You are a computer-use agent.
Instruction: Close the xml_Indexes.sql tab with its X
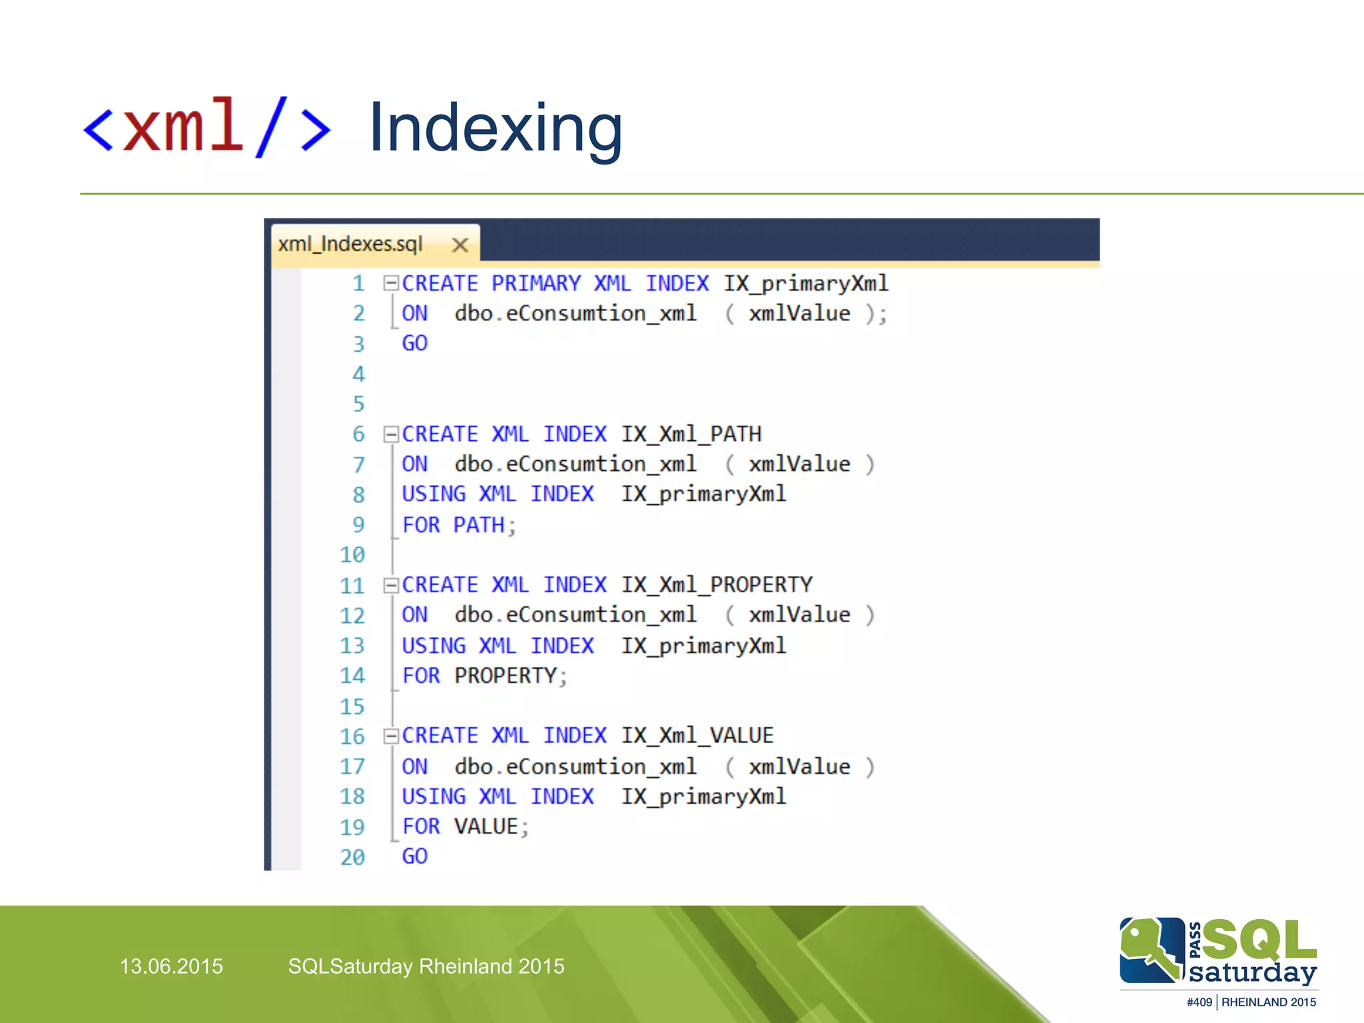pyautogui.click(x=460, y=245)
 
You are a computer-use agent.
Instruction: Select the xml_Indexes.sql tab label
pyautogui.click(x=350, y=244)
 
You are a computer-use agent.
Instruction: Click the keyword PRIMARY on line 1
pyautogui.click(x=535, y=284)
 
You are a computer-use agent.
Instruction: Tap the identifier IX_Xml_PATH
pyautogui.click(x=691, y=434)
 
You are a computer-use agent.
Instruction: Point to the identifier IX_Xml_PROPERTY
pyautogui.click(x=717, y=585)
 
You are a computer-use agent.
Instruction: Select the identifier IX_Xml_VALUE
pyautogui.click(x=697, y=735)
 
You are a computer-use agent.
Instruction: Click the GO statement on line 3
pyautogui.click(x=414, y=344)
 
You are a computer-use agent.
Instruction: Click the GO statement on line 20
pyautogui.click(x=414, y=856)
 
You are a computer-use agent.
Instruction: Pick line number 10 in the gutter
pyautogui.click(x=352, y=555)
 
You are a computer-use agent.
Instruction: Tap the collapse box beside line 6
pyautogui.click(x=391, y=435)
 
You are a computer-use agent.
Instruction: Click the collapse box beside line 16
pyautogui.click(x=391, y=736)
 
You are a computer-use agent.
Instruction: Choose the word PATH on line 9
pyautogui.click(x=479, y=525)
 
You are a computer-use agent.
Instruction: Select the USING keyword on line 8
pyautogui.click(x=434, y=494)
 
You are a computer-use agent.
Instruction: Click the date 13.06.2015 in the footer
pyautogui.click(x=171, y=966)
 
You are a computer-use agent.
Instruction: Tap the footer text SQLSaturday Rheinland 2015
pyautogui.click(x=426, y=966)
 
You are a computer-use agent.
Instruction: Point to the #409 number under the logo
pyautogui.click(x=1199, y=1002)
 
